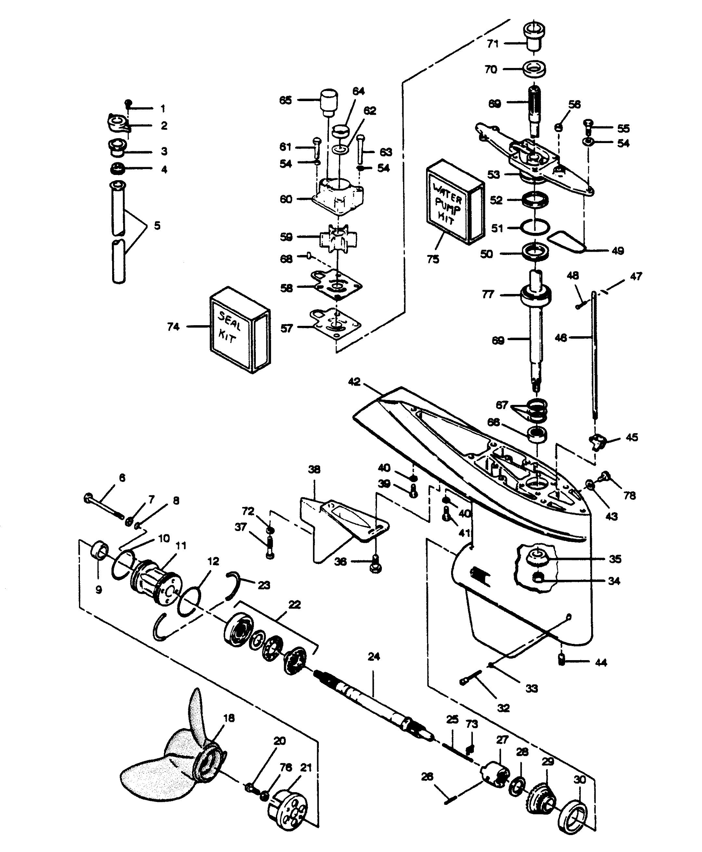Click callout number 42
pos(354,382)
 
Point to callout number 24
pos(374,656)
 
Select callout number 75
pos(433,259)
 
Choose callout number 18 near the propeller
pos(229,718)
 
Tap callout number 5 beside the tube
pos(157,225)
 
